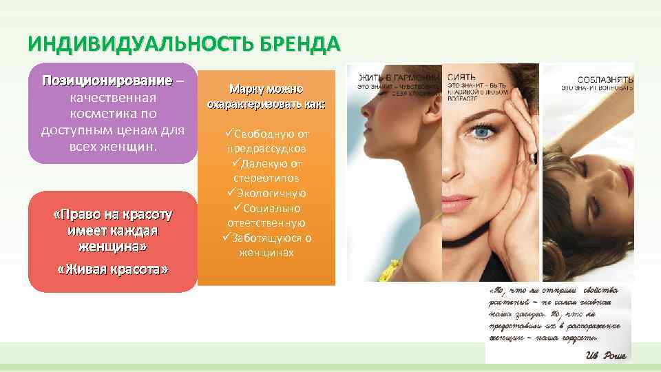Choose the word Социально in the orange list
coord(270,208)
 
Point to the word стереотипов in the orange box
coord(266,178)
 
